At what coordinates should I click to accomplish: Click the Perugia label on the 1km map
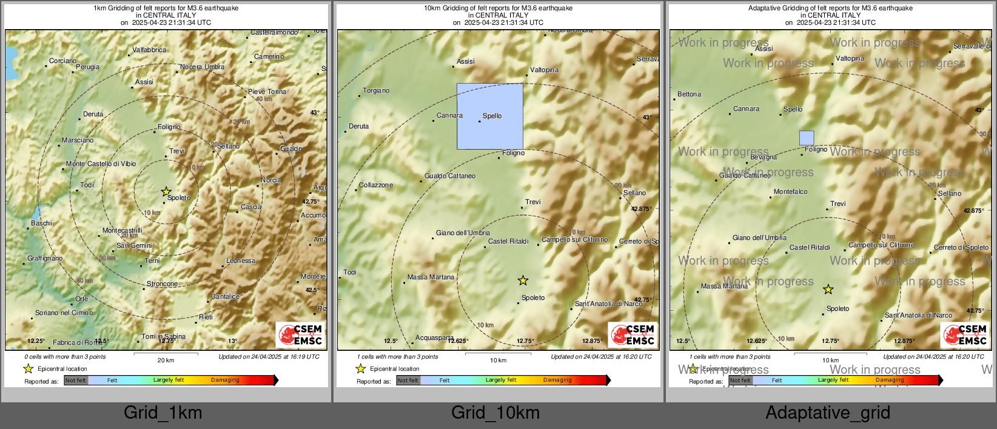tap(87, 67)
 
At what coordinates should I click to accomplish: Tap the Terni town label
tap(152, 261)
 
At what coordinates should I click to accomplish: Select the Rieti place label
tap(206, 317)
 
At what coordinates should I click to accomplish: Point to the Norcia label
tap(271, 181)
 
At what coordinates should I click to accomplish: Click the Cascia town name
tap(251, 207)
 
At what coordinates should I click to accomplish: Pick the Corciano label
tap(63, 61)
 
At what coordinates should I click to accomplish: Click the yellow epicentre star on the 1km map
tap(166, 191)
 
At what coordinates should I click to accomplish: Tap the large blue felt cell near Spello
tap(490, 116)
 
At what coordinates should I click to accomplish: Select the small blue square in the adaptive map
tap(807, 138)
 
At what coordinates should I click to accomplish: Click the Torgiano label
tap(376, 91)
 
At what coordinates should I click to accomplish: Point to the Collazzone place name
tap(376, 185)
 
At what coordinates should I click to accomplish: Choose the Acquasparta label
tap(434, 338)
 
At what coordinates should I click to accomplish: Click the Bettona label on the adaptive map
tap(689, 95)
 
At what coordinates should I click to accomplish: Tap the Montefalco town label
tap(790, 192)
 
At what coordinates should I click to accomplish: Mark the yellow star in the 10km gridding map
tap(523, 280)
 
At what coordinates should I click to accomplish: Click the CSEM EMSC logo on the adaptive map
tap(965, 334)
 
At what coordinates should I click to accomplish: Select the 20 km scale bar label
tap(166, 361)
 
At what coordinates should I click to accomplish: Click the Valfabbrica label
tap(149, 50)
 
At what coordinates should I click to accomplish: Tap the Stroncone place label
tap(163, 284)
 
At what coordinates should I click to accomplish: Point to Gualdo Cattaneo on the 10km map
tap(450, 176)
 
